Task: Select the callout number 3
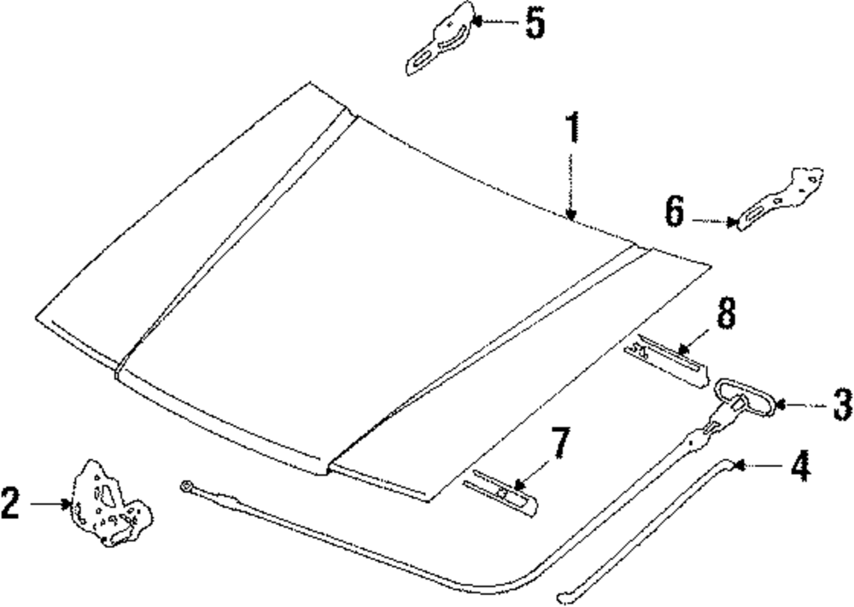[841, 403]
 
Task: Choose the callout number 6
[674, 210]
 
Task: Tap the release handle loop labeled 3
[743, 399]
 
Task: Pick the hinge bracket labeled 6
[779, 200]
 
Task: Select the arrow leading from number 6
[714, 221]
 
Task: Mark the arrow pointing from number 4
[758, 465]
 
